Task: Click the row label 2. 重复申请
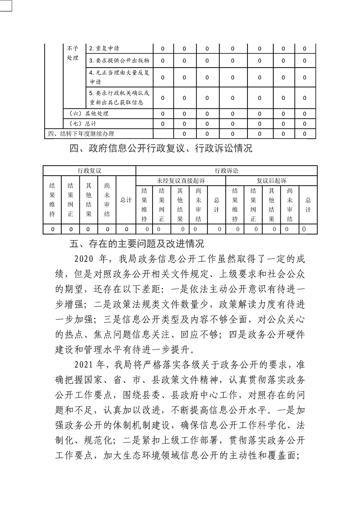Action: point(104,49)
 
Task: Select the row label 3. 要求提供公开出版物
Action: point(119,60)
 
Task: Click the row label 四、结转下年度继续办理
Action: point(81,133)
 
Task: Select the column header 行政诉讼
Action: point(227,170)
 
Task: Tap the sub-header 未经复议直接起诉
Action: point(181,181)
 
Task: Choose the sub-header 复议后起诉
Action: point(271,181)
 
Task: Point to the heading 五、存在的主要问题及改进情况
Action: point(137,244)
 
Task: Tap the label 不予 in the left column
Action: point(73,49)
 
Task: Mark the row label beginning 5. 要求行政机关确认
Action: point(119,97)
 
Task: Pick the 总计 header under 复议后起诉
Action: point(308,205)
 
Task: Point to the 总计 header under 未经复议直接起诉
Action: point(217,205)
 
